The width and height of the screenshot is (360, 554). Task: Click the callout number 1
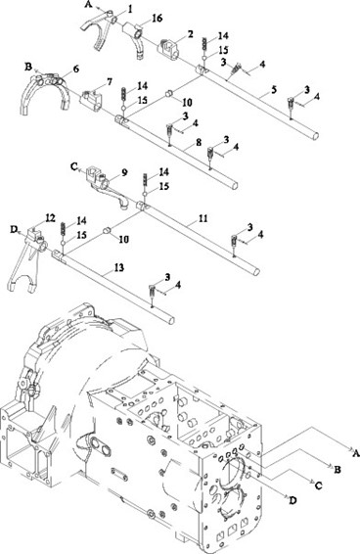tap(130, 9)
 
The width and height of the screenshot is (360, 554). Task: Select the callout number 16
tap(157, 18)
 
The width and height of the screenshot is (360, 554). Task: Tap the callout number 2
tap(191, 34)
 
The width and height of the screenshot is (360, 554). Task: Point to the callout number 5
tap(274, 90)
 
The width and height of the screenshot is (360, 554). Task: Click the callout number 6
tap(76, 69)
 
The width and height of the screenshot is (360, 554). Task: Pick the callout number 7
tap(110, 82)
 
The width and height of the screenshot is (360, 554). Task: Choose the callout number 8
tap(199, 142)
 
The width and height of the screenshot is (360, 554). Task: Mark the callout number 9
tap(124, 172)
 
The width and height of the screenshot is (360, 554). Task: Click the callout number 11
tap(202, 218)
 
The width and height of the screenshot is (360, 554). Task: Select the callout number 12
tap(51, 218)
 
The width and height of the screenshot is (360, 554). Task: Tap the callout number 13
tap(119, 268)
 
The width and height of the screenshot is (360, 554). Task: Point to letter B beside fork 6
tap(28, 67)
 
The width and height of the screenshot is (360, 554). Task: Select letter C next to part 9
tap(74, 166)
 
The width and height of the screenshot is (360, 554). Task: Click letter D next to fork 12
tap(14, 229)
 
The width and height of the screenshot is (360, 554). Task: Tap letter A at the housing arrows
tap(356, 452)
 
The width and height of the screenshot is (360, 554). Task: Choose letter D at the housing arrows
tap(292, 500)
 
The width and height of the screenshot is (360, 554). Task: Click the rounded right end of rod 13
tap(171, 320)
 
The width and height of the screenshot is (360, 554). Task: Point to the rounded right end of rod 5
tap(316, 135)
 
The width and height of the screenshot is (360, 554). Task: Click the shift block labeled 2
tap(168, 48)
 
